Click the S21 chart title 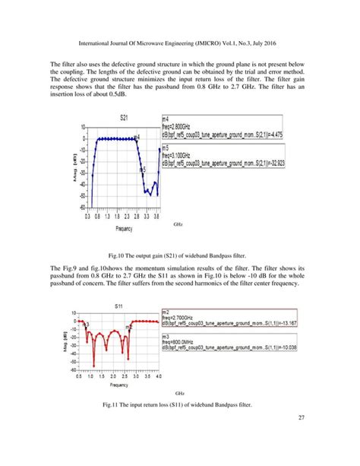point(122,119)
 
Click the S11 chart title point(118,305)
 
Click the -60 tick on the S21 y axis point(79,207)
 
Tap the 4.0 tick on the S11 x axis point(158,377)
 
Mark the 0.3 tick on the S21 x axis point(87,216)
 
